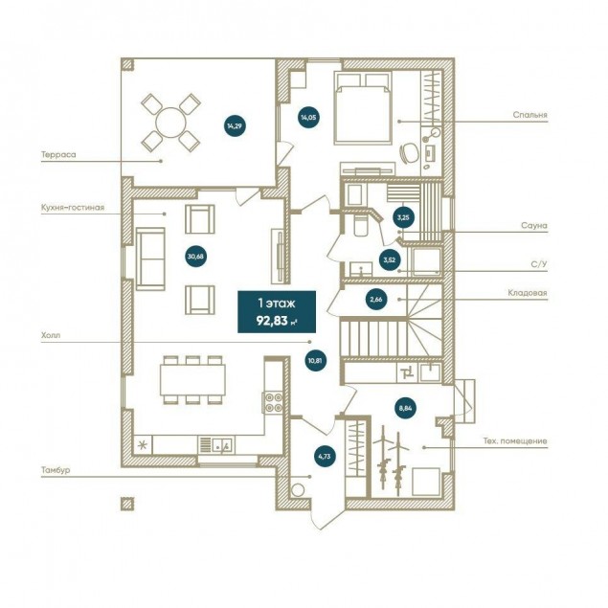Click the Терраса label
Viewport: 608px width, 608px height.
click(58, 155)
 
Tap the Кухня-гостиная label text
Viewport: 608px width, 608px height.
click(73, 208)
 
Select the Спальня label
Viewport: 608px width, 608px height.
click(529, 115)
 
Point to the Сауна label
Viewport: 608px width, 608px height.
click(534, 225)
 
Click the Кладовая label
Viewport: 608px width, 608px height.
click(528, 293)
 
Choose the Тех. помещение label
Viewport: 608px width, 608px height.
click(515, 440)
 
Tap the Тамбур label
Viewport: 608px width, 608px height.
click(56, 470)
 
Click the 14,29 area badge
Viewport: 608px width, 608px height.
click(235, 125)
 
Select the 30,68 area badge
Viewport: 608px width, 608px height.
click(196, 257)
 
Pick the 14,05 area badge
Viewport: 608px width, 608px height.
click(308, 117)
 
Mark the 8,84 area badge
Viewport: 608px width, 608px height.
click(405, 408)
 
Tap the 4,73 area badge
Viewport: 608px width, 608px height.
click(325, 457)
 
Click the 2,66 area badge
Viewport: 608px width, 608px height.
click(376, 299)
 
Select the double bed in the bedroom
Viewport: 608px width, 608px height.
click(363, 108)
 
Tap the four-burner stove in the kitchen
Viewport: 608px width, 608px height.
click(274, 402)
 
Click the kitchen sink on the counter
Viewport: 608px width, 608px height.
click(221, 444)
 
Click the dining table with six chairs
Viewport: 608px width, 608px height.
click(192, 380)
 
